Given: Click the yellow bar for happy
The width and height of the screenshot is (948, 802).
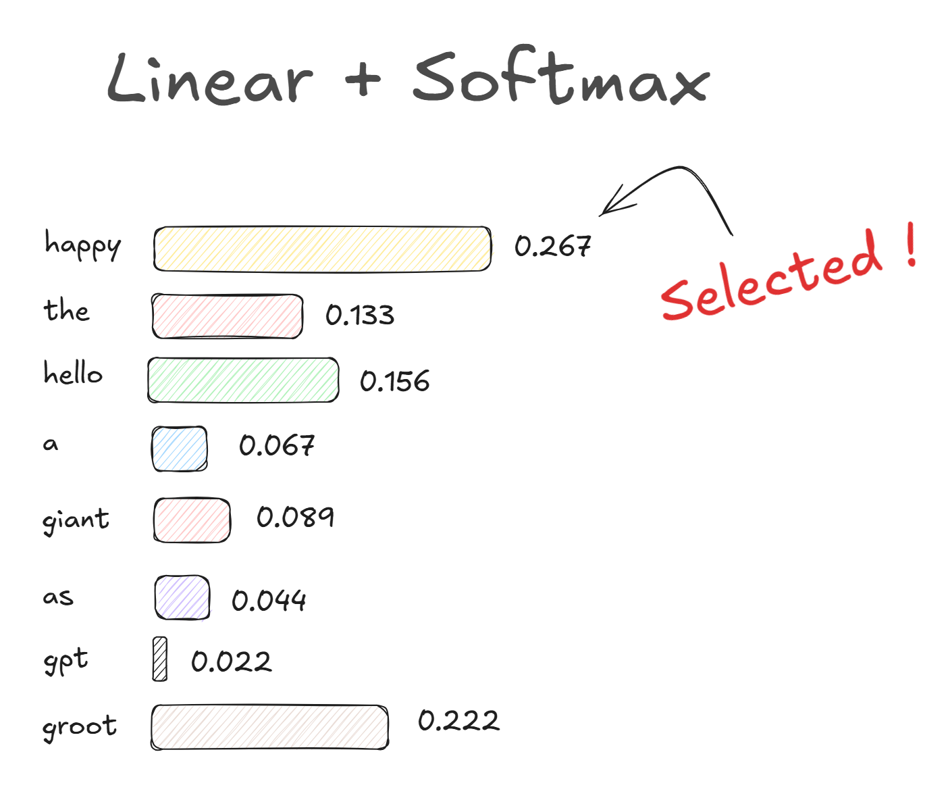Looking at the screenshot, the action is click(x=323, y=249).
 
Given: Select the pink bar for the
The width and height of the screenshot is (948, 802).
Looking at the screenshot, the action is click(x=227, y=316).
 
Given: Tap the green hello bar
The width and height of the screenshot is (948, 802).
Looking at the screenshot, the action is click(x=243, y=380).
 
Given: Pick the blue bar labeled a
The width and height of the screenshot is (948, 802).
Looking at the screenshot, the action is click(x=180, y=449).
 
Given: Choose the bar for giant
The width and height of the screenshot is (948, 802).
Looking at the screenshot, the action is click(x=192, y=520).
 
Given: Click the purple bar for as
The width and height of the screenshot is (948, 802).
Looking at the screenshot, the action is click(x=182, y=597).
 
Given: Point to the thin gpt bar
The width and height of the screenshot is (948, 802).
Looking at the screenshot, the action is click(x=159, y=659).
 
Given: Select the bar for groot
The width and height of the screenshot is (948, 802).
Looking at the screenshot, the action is click(x=269, y=727).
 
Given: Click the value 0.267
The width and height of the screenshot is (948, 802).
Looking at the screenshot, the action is click(x=552, y=246).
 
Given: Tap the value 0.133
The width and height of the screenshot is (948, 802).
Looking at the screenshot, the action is click(x=360, y=316).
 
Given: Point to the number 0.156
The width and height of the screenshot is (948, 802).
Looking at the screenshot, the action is click(x=394, y=381).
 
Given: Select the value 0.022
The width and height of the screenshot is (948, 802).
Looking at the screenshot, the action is click(x=231, y=661).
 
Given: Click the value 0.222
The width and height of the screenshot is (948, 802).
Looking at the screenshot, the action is click(x=458, y=720).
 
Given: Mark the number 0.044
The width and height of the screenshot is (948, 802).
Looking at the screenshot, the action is click(x=269, y=601).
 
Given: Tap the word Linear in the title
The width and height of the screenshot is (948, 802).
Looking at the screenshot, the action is click(x=210, y=78).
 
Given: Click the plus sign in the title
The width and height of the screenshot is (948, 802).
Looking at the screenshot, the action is click(x=363, y=79).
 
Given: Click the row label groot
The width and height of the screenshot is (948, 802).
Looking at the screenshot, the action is click(x=80, y=727).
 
